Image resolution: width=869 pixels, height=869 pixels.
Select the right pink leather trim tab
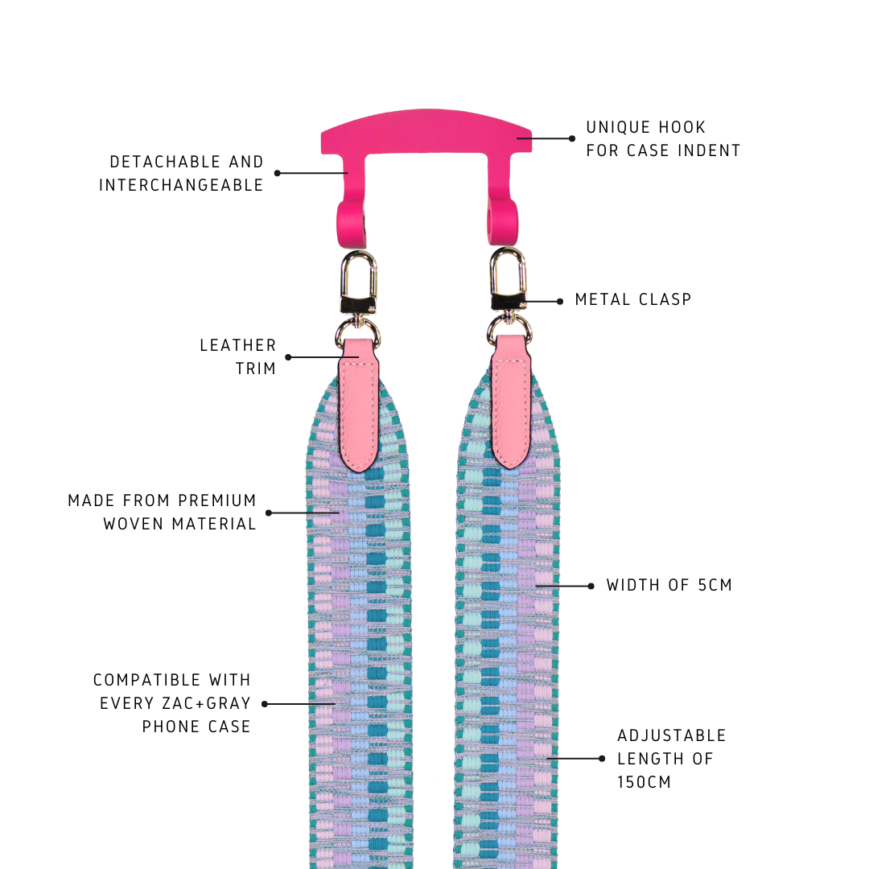point(510,402)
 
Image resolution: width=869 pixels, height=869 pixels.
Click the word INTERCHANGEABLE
point(181,185)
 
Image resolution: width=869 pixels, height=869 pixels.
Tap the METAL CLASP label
point(633,299)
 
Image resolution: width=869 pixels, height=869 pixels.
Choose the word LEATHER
point(238,345)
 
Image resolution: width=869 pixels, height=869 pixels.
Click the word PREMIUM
point(217,500)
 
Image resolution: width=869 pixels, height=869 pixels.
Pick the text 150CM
point(645,782)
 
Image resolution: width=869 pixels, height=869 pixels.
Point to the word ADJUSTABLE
point(672,735)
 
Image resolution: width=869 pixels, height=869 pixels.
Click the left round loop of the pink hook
point(352,224)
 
